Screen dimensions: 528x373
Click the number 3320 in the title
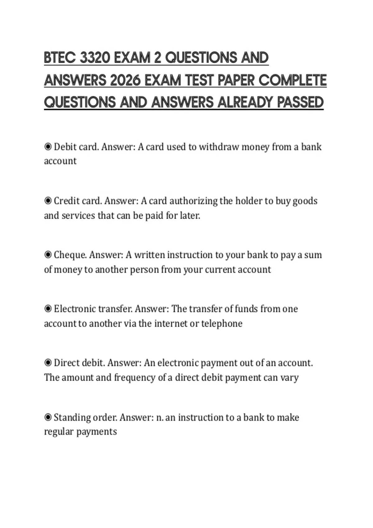(95, 58)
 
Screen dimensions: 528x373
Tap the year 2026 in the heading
(126, 80)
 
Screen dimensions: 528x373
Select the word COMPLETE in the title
(292, 80)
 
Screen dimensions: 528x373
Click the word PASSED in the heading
(300, 102)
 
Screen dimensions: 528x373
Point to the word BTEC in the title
(60, 58)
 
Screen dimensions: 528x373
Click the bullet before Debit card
(48, 147)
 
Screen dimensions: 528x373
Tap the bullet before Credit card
(48, 201)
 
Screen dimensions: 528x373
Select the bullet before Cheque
(48, 255)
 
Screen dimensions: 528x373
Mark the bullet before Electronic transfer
(48, 309)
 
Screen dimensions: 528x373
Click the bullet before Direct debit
(48, 363)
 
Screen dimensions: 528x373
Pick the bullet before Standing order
(48, 417)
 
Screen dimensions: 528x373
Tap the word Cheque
(70, 255)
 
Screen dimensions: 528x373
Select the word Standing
(72, 417)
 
